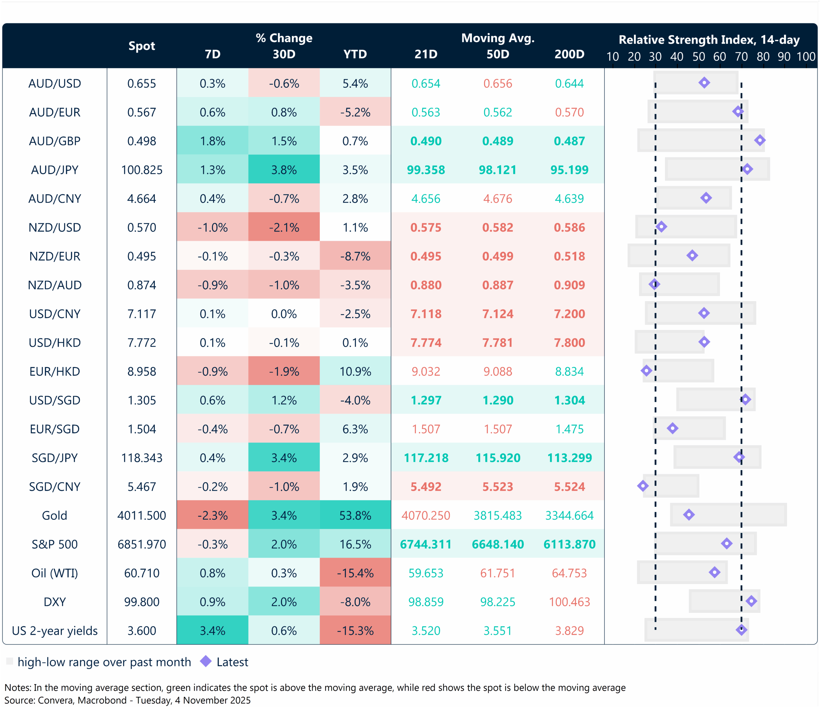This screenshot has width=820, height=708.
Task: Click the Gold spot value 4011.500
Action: (142, 515)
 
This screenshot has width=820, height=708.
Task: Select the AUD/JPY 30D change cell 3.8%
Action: (284, 170)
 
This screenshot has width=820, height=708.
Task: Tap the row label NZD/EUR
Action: (55, 256)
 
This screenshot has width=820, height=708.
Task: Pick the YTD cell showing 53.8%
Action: (355, 515)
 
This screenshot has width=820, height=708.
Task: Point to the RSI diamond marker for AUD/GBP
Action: (759, 140)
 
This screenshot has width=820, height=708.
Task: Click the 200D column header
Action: (569, 54)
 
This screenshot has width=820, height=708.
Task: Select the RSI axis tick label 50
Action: (698, 57)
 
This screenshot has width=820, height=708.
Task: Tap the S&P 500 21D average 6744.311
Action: (426, 544)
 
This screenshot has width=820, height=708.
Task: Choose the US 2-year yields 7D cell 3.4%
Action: (212, 630)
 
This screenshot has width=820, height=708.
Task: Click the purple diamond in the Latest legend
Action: (206, 661)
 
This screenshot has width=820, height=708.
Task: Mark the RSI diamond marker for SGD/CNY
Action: (643, 486)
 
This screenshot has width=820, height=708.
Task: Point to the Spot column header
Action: (142, 46)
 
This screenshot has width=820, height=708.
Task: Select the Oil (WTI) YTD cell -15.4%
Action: (355, 573)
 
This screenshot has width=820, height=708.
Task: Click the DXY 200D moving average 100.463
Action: (569, 602)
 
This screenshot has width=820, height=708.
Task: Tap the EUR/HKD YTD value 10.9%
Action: (355, 371)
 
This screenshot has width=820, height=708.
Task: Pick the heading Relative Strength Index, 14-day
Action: (709, 40)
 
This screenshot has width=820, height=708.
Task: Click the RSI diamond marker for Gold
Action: (689, 515)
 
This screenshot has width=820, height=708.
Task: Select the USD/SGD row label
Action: (55, 400)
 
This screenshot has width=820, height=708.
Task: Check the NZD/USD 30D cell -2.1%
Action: (284, 227)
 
